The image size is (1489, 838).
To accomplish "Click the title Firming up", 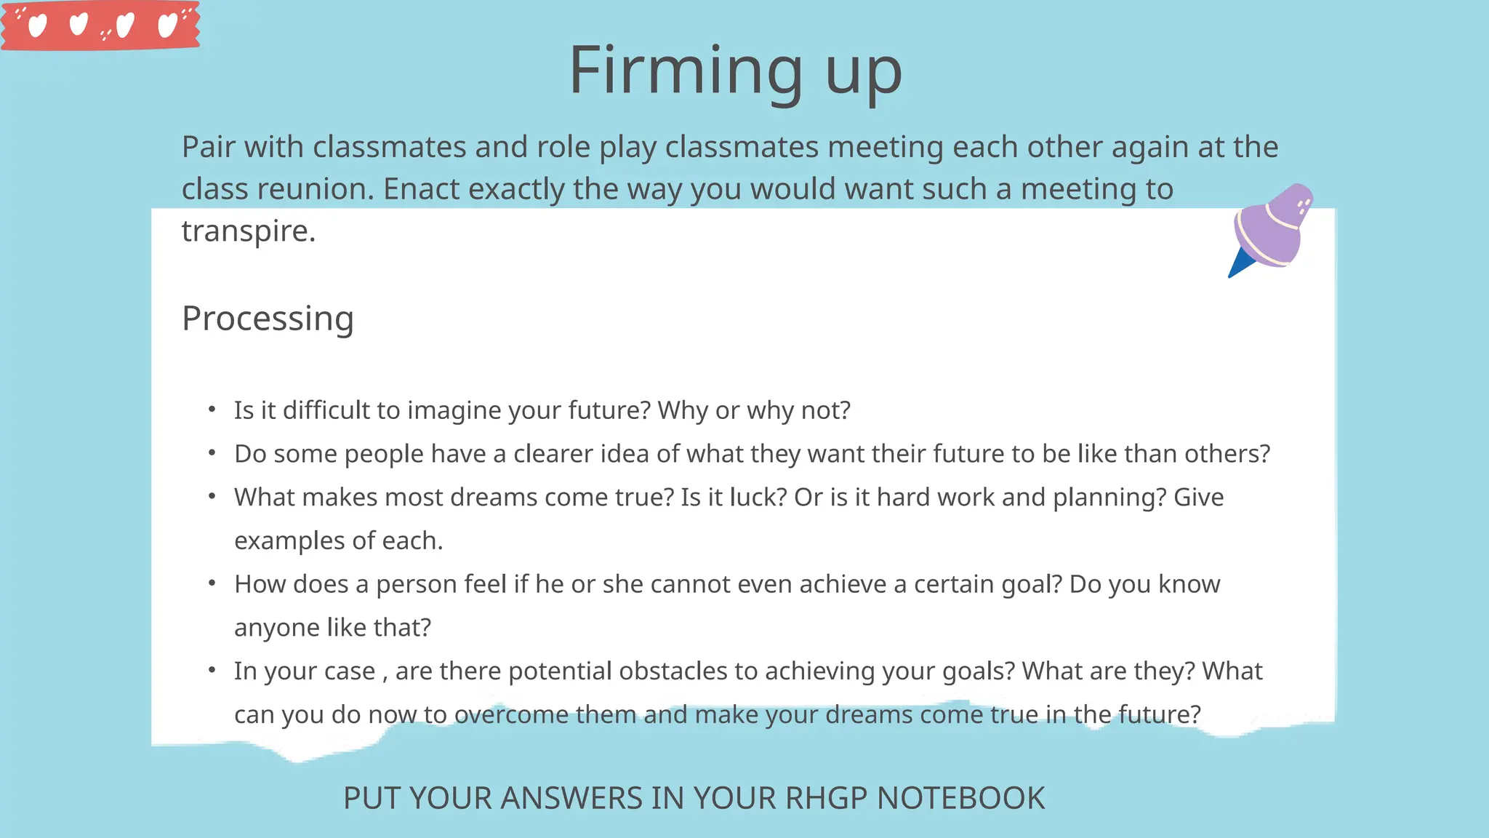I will [x=735, y=71].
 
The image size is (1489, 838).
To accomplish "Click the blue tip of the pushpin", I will [x=1240, y=264].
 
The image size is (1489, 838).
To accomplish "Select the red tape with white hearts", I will [x=100, y=25].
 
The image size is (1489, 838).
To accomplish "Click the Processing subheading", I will [x=268, y=319].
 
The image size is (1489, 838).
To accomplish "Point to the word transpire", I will [x=248, y=231].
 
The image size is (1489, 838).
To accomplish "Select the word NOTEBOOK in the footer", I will [x=960, y=798].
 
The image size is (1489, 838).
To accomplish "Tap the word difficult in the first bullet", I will [x=326, y=410].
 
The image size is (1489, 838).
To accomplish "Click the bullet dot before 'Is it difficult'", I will [x=212, y=410].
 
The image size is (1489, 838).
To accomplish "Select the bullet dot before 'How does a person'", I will [x=212, y=583].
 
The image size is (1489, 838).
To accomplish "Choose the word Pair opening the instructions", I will [x=208, y=147].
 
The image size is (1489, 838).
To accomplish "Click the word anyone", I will [x=276, y=628].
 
